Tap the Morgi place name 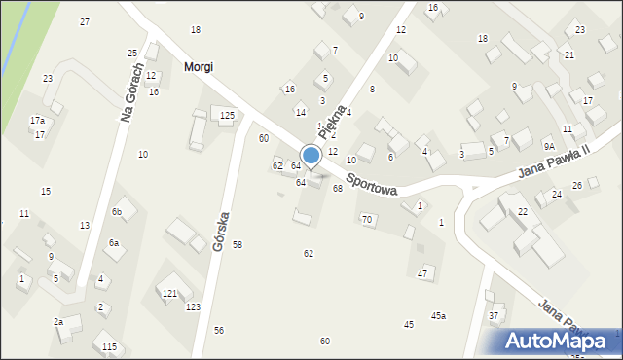(198, 67)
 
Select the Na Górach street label (130, 93)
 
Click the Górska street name (222, 231)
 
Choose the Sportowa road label (372, 185)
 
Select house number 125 (227, 116)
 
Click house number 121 (169, 293)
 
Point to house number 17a (37, 121)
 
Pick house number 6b (116, 212)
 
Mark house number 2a (58, 322)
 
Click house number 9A (549, 146)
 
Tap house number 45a (439, 315)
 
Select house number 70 (367, 220)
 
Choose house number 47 (422, 274)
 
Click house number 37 (494, 315)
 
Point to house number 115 (109, 347)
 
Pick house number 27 (85, 21)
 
